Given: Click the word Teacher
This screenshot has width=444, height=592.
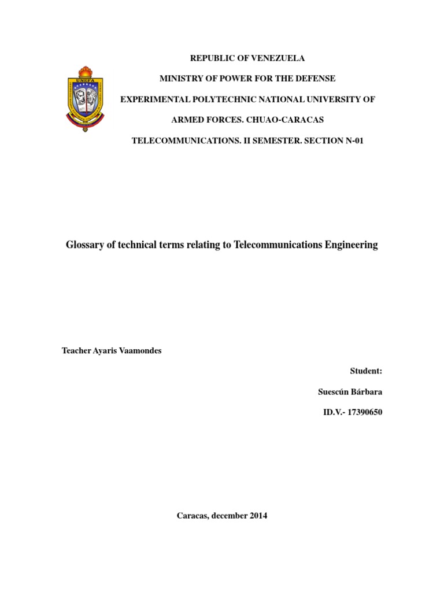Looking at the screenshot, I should click(x=75, y=351).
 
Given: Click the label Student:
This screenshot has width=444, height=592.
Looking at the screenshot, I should click(x=366, y=371).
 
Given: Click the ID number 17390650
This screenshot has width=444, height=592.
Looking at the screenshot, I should click(x=363, y=412).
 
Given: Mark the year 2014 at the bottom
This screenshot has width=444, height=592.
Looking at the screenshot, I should click(x=257, y=515).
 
